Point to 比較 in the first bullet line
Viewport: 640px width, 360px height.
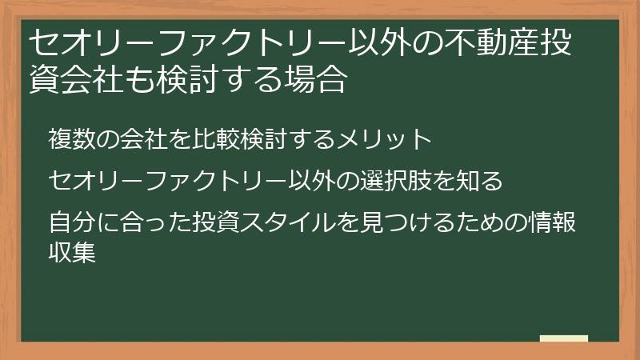[228, 139]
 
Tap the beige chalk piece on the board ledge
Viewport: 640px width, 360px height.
[564, 338]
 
